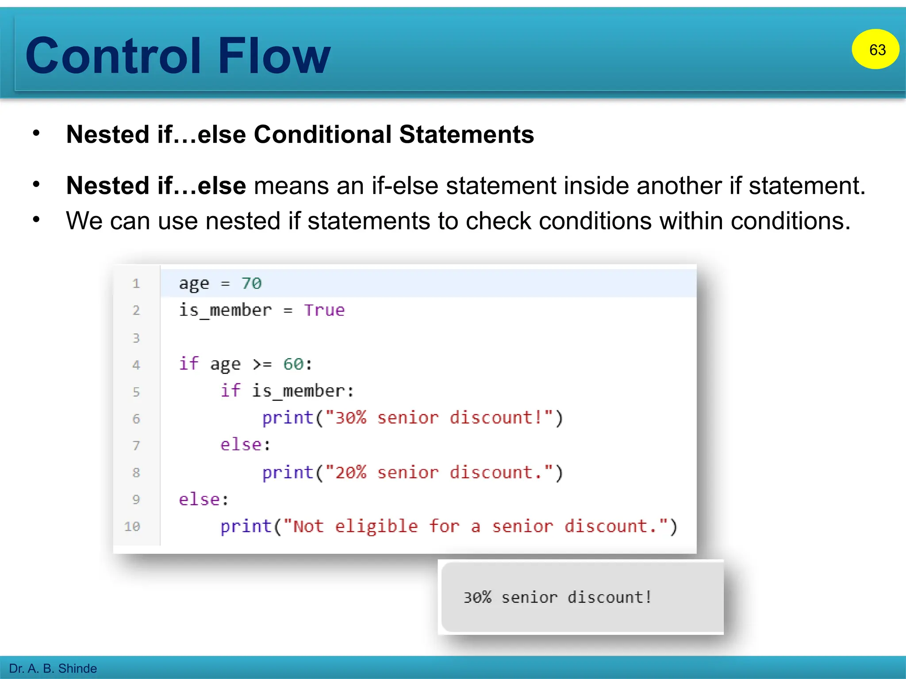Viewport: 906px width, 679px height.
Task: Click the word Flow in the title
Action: tap(274, 56)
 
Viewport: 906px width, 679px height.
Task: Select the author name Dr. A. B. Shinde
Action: tap(53, 668)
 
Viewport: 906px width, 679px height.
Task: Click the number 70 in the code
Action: tap(251, 283)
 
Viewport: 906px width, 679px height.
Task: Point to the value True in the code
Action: tap(324, 310)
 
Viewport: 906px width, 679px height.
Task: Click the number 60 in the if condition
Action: tap(293, 364)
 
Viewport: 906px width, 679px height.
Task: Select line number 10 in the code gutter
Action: tap(132, 526)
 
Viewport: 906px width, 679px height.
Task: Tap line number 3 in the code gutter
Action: tap(136, 338)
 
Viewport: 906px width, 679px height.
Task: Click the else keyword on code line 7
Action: tap(241, 445)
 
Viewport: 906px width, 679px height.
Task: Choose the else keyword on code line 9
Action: tap(199, 500)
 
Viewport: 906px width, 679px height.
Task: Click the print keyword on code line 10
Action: tap(246, 526)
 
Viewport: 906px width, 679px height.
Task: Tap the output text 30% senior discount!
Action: tap(557, 597)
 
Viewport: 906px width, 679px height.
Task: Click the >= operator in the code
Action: tap(262, 364)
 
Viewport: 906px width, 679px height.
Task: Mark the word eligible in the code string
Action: tap(376, 526)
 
